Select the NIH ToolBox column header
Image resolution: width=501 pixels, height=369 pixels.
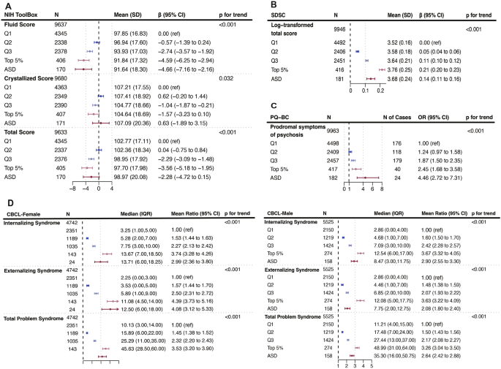(23, 14)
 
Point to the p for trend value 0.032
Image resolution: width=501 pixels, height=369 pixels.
(227, 77)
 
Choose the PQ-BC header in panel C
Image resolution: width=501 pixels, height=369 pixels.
(284, 115)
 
